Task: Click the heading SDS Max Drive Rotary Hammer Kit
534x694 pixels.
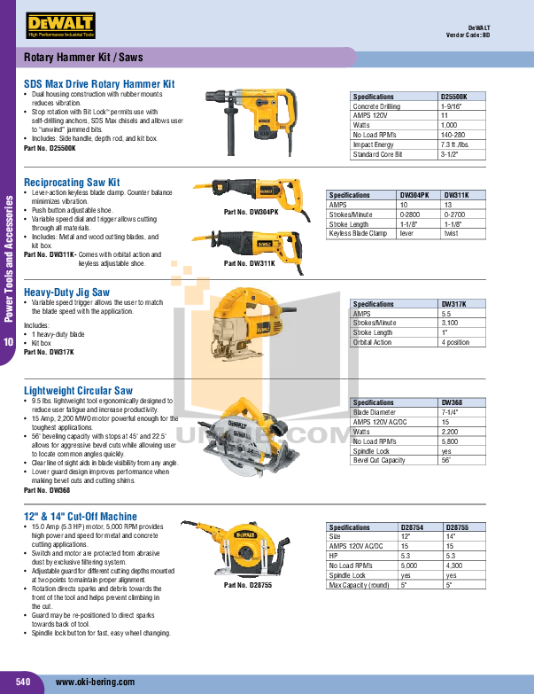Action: coord(99,83)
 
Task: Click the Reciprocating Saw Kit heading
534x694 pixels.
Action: coord(72,182)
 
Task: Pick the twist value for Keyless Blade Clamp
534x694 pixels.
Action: coord(451,233)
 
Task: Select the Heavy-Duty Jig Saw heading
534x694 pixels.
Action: coord(67,292)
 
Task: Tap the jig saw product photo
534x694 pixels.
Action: coord(252,324)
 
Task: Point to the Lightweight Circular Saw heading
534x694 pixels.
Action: coord(78,390)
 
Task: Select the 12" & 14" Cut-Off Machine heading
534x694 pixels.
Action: coord(81,516)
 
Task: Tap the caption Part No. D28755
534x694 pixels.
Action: coord(248,585)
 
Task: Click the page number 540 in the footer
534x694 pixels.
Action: coord(23,681)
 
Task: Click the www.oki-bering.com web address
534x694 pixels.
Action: coord(96,682)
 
